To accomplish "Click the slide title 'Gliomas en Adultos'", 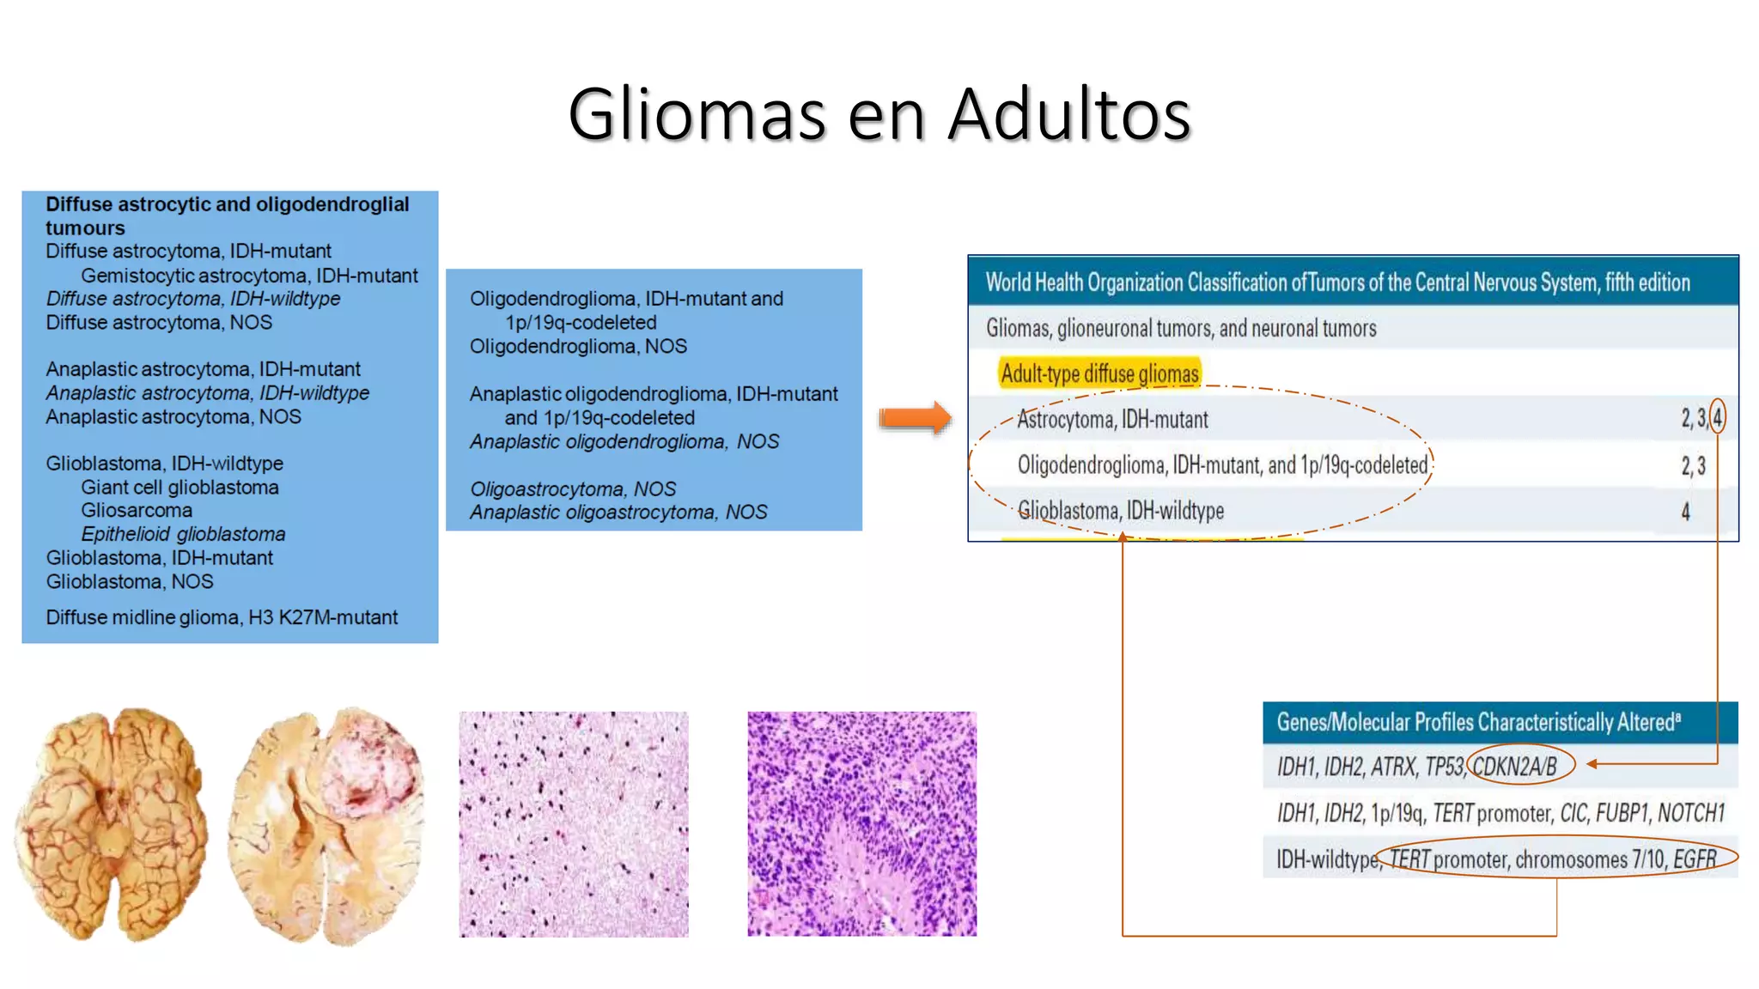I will [879, 113].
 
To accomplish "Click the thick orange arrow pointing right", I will [915, 418].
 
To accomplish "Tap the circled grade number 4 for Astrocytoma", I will [1717, 418].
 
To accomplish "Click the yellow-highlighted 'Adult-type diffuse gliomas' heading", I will [1099, 374].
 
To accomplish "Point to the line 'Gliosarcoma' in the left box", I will [137, 510].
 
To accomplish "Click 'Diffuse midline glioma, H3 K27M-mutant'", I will [222, 617].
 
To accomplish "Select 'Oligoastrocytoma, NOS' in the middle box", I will [573, 488].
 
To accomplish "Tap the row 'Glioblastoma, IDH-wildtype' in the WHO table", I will [1121, 511].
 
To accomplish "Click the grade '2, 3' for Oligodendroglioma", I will [1693, 465].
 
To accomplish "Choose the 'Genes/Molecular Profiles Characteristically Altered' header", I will [1477, 722].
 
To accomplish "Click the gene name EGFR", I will [1694, 859].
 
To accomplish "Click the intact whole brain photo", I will [112, 824].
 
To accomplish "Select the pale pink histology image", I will [574, 824].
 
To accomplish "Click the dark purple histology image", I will [861, 824].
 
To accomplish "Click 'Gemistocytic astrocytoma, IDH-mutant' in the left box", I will [249, 276].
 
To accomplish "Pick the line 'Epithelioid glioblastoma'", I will [183, 534].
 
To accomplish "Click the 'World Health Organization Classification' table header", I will [1337, 282].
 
